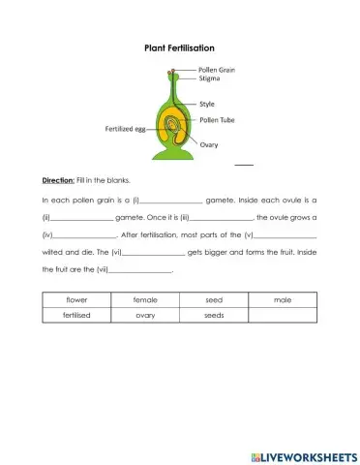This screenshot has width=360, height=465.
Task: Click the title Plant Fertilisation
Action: click(179, 47)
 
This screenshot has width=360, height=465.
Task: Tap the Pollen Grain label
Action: click(217, 70)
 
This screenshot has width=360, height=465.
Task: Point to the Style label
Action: click(206, 102)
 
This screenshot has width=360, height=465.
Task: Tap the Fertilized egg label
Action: click(125, 128)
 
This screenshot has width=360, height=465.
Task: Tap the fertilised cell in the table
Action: click(76, 315)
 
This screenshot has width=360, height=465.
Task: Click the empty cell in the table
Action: click(283, 315)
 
